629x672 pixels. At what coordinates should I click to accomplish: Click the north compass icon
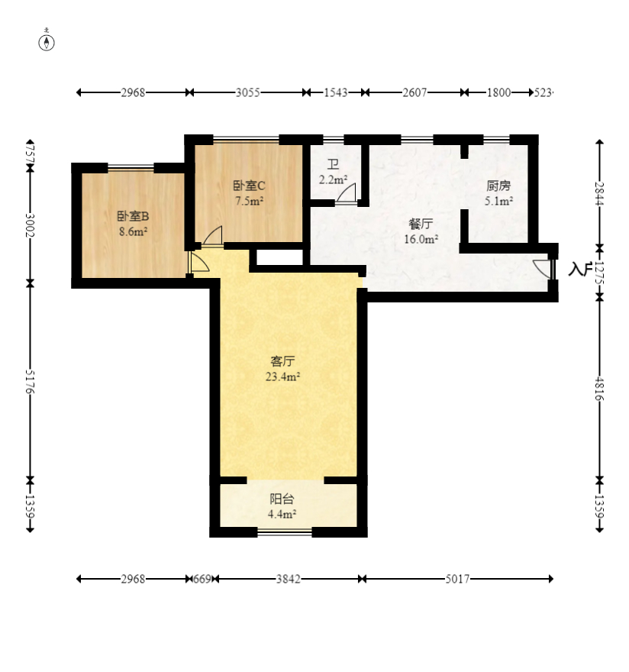click(47, 41)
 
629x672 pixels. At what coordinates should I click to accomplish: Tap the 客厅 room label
click(282, 361)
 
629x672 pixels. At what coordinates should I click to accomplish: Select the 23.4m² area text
click(282, 376)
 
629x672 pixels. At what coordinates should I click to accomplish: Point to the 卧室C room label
click(249, 186)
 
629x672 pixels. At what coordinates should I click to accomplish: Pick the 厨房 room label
click(498, 186)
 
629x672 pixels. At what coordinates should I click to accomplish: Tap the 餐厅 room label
click(421, 224)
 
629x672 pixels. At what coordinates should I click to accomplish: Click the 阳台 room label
click(282, 499)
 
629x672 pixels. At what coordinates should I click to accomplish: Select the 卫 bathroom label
click(333, 165)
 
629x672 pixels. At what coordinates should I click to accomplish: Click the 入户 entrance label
click(580, 269)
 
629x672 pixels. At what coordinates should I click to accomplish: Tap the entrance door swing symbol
click(542, 269)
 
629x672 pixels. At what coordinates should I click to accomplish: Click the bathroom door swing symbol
click(346, 193)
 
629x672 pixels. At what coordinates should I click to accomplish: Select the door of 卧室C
click(213, 237)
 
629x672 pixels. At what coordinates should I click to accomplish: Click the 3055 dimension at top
click(247, 92)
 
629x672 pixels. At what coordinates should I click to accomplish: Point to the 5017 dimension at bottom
click(458, 579)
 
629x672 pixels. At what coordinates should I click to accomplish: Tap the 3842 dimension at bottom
click(288, 579)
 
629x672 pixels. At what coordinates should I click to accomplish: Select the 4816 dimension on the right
click(600, 388)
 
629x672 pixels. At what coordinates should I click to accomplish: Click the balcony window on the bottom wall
click(284, 532)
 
